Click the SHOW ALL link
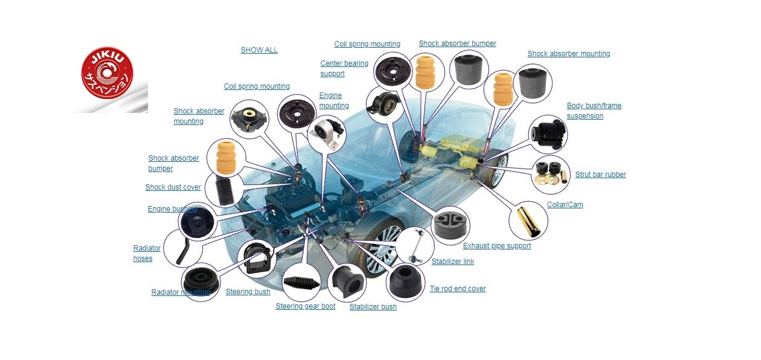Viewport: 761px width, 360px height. (x=259, y=50)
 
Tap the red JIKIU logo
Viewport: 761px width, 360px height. (x=107, y=75)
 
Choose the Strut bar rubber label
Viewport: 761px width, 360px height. (x=600, y=175)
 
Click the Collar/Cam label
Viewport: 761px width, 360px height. (x=565, y=205)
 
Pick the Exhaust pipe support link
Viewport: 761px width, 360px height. (x=496, y=246)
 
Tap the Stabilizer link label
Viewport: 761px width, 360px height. (x=452, y=262)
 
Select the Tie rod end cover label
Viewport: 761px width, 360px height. (x=457, y=289)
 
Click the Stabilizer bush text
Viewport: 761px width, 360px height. (x=373, y=307)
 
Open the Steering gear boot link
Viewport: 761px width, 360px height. (x=305, y=306)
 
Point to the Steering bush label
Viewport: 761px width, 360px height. (x=248, y=292)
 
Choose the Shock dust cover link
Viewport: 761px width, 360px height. (x=173, y=187)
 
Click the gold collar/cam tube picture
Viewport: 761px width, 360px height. (x=528, y=220)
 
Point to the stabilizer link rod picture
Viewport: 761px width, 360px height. (x=414, y=247)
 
